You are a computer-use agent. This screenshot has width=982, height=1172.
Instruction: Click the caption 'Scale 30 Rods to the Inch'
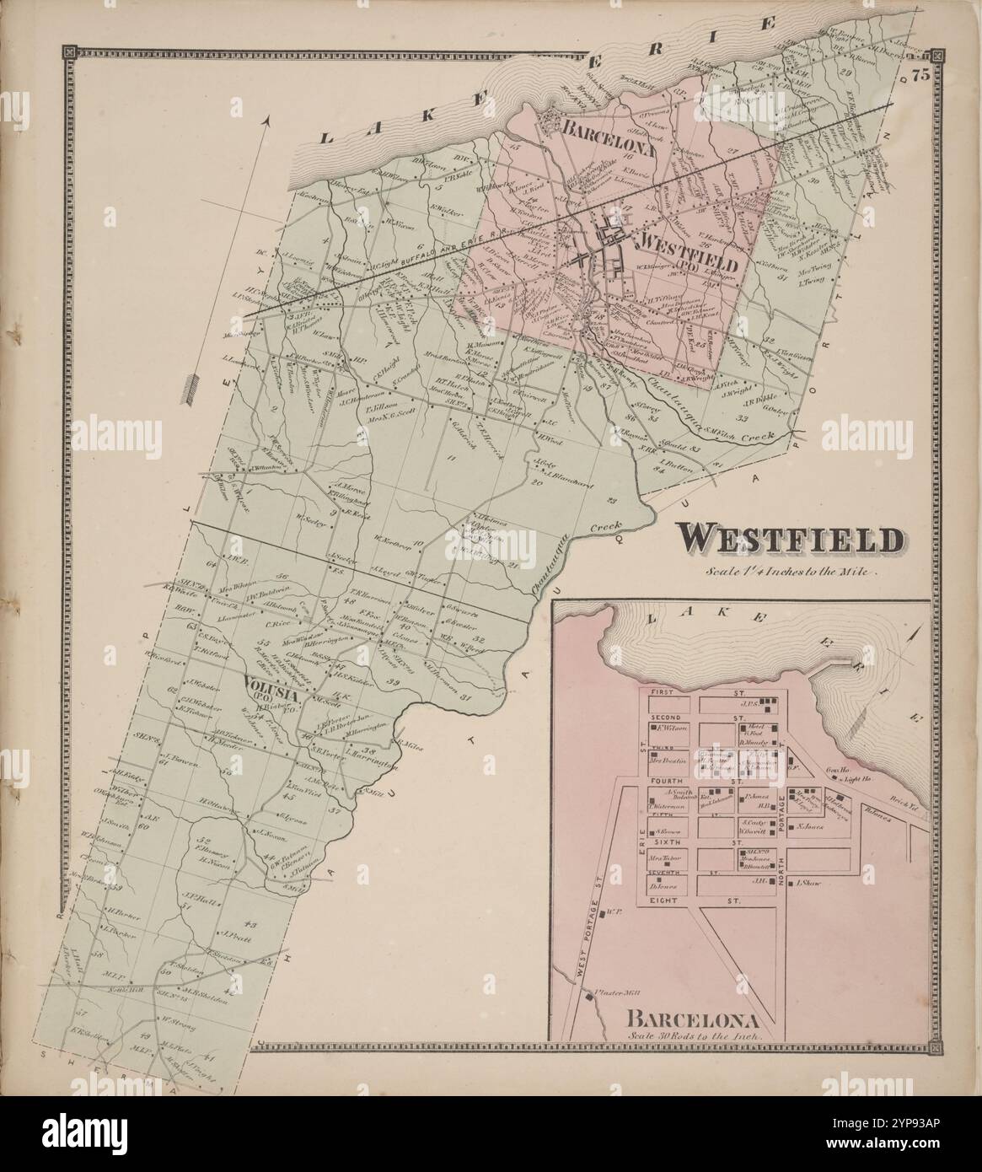coord(694,1034)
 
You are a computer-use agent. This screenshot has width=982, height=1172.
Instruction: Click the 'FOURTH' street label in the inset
coord(664,781)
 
